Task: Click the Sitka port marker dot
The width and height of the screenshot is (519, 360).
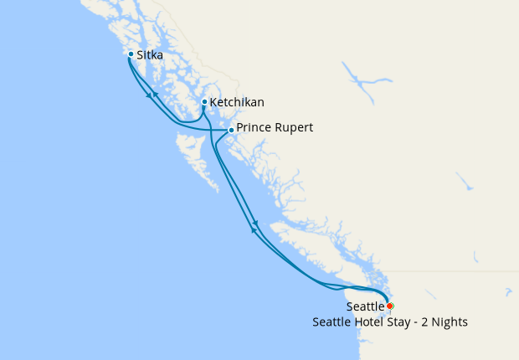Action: tap(131, 54)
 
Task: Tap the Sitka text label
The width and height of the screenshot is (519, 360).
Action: tap(150, 57)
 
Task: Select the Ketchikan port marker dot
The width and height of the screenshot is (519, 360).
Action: tap(204, 102)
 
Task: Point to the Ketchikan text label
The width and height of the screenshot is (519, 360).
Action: tap(237, 103)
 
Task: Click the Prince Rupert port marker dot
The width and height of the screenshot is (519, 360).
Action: tap(231, 130)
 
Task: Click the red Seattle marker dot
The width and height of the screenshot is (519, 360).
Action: tap(390, 306)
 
